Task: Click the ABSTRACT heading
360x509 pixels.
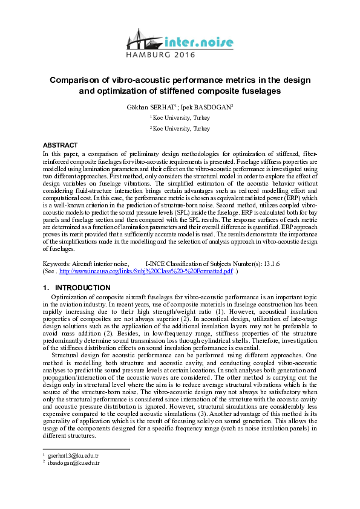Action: click(x=60, y=145)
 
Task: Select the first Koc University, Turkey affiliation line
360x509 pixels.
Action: click(x=181, y=117)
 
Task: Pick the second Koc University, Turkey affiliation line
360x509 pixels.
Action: click(x=181, y=129)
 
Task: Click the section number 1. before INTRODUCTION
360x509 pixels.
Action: click(x=46, y=287)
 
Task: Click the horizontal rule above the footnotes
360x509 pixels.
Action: click(x=87, y=449)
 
